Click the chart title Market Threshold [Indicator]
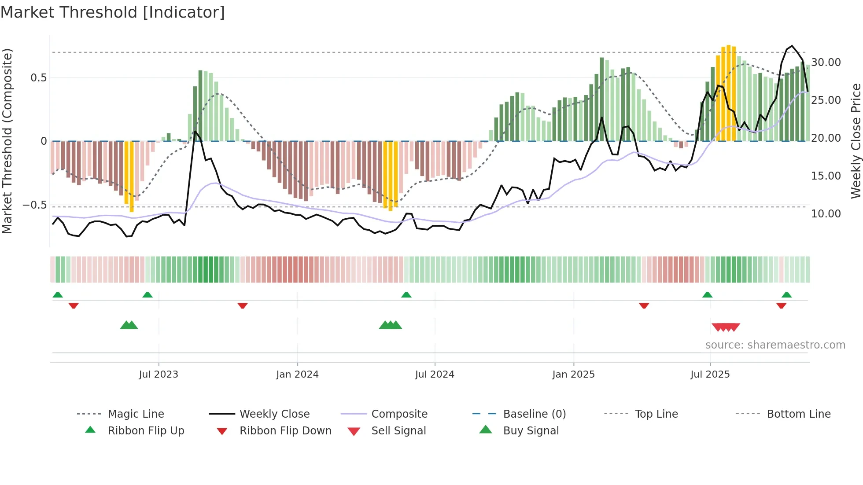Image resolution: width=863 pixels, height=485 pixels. (113, 12)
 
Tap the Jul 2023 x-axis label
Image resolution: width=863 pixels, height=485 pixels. (159, 375)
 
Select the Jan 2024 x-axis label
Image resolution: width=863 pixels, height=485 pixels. (297, 375)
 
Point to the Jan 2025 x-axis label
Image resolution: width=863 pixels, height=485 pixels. (573, 375)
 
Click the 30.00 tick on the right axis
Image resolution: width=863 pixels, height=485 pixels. (826, 62)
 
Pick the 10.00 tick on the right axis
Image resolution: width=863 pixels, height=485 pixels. (826, 214)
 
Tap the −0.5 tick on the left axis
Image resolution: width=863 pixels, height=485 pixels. (34, 205)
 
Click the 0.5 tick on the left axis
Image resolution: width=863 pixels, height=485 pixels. (38, 78)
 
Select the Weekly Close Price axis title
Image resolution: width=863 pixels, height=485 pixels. (856, 141)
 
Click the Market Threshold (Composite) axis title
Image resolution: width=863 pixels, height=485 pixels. (7, 141)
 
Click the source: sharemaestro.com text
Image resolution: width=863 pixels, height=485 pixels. (775, 345)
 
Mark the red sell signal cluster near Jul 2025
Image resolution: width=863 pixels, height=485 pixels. (726, 327)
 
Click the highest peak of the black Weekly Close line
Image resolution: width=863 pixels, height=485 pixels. (792, 46)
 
